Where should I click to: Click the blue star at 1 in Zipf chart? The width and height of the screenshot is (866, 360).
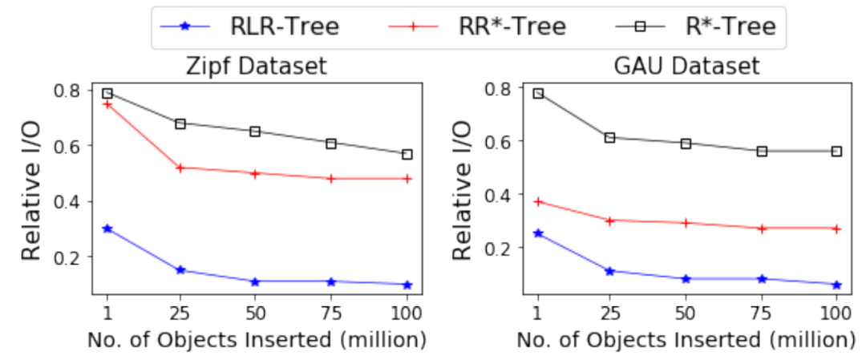point(107,229)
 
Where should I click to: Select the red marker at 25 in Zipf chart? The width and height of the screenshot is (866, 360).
point(180,168)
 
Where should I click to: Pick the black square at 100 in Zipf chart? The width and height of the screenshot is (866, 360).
point(407,154)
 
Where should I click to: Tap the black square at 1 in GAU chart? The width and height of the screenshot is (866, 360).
point(538,93)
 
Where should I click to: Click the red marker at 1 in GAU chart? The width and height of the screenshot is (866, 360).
point(538,201)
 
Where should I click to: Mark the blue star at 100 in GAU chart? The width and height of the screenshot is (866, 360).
point(836,285)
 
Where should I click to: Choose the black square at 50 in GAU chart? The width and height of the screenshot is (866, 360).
point(686,144)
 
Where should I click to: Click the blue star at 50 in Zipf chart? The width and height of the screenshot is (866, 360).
point(255,281)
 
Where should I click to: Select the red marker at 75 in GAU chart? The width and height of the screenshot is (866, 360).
point(762,229)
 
